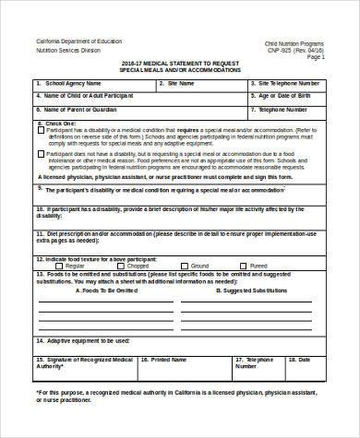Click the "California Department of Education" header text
click(78, 42)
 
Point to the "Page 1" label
click(316, 57)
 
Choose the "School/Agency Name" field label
click(75, 83)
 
